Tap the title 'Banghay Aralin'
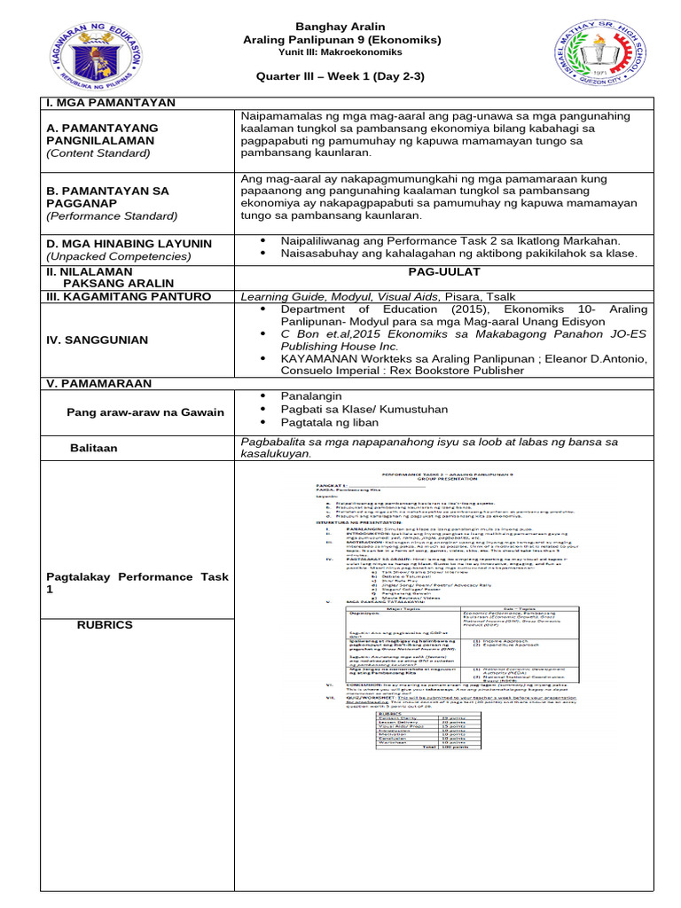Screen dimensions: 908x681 [x=340, y=27]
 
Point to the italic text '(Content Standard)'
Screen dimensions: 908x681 [x=98, y=153]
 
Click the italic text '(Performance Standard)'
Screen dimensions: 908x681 [x=112, y=215]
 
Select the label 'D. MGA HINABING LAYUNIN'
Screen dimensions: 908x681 [x=129, y=243]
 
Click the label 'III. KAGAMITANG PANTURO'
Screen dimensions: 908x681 [x=129, y=296]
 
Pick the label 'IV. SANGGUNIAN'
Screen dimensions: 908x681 [x=98, y=340]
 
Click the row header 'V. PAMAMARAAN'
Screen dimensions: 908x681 [x=99, y=383]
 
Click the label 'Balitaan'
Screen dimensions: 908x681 [x=94, y=449]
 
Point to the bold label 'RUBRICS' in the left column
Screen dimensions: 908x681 [x=105, y=625]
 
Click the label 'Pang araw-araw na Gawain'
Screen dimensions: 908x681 [x=145, y=412]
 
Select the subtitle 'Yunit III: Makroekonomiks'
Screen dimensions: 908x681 [x=340, y=52]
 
